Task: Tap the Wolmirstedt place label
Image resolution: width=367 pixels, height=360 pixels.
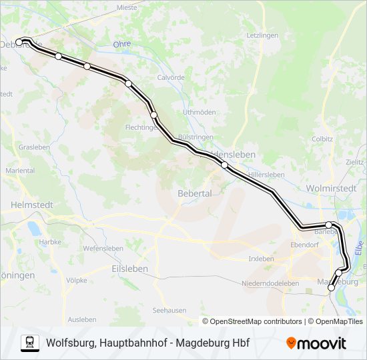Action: (x=330, y=189)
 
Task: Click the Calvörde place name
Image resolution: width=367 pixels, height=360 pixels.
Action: (x=170, y=77)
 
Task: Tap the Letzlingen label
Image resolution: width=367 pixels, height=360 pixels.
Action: (x=262, y=35)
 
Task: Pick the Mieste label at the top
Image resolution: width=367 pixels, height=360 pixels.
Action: (x=126, y=8)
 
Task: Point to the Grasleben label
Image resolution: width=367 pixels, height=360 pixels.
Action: (x=31, y=147)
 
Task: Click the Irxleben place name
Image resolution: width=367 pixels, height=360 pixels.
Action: (x=261, y=258)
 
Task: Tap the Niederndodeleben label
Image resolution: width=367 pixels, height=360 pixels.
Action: (x=270, y=283)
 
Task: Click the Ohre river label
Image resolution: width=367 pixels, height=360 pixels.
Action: (x=122, y=44)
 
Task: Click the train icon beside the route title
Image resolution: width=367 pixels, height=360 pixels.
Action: (x=29, y=343)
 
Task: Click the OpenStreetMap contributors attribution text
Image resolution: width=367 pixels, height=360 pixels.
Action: (x=252, y=321)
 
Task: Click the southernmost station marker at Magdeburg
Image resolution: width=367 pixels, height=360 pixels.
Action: (x=331, y=288)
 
